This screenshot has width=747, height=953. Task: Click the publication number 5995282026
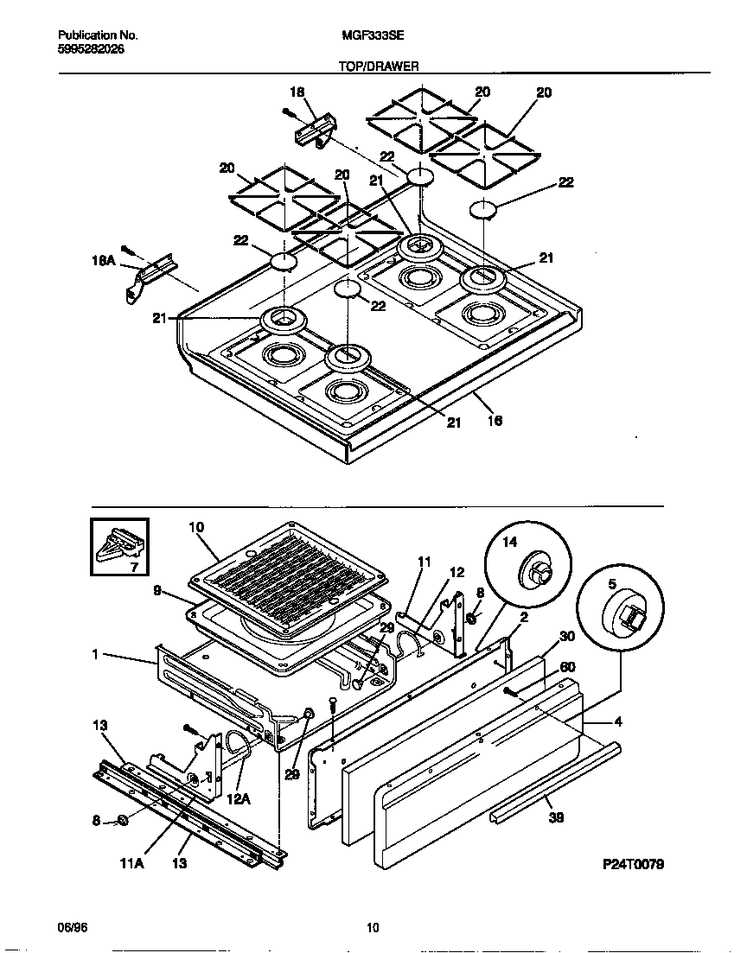coord(91,49)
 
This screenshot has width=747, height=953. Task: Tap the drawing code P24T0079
coord(634,864)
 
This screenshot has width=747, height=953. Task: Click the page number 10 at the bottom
coord(373,928)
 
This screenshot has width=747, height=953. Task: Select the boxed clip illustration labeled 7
coord(119,546)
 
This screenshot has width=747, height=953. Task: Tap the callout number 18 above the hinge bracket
coord(297,92)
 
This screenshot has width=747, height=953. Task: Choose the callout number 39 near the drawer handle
coord(557,816)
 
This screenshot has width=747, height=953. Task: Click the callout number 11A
coord(132,862)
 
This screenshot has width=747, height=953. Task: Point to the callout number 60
coord(567,666)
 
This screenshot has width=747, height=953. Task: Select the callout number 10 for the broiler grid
coord(195,526)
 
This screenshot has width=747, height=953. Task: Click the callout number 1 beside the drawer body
coord(93,655)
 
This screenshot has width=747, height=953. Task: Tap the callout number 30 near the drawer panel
coord(567,636)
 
